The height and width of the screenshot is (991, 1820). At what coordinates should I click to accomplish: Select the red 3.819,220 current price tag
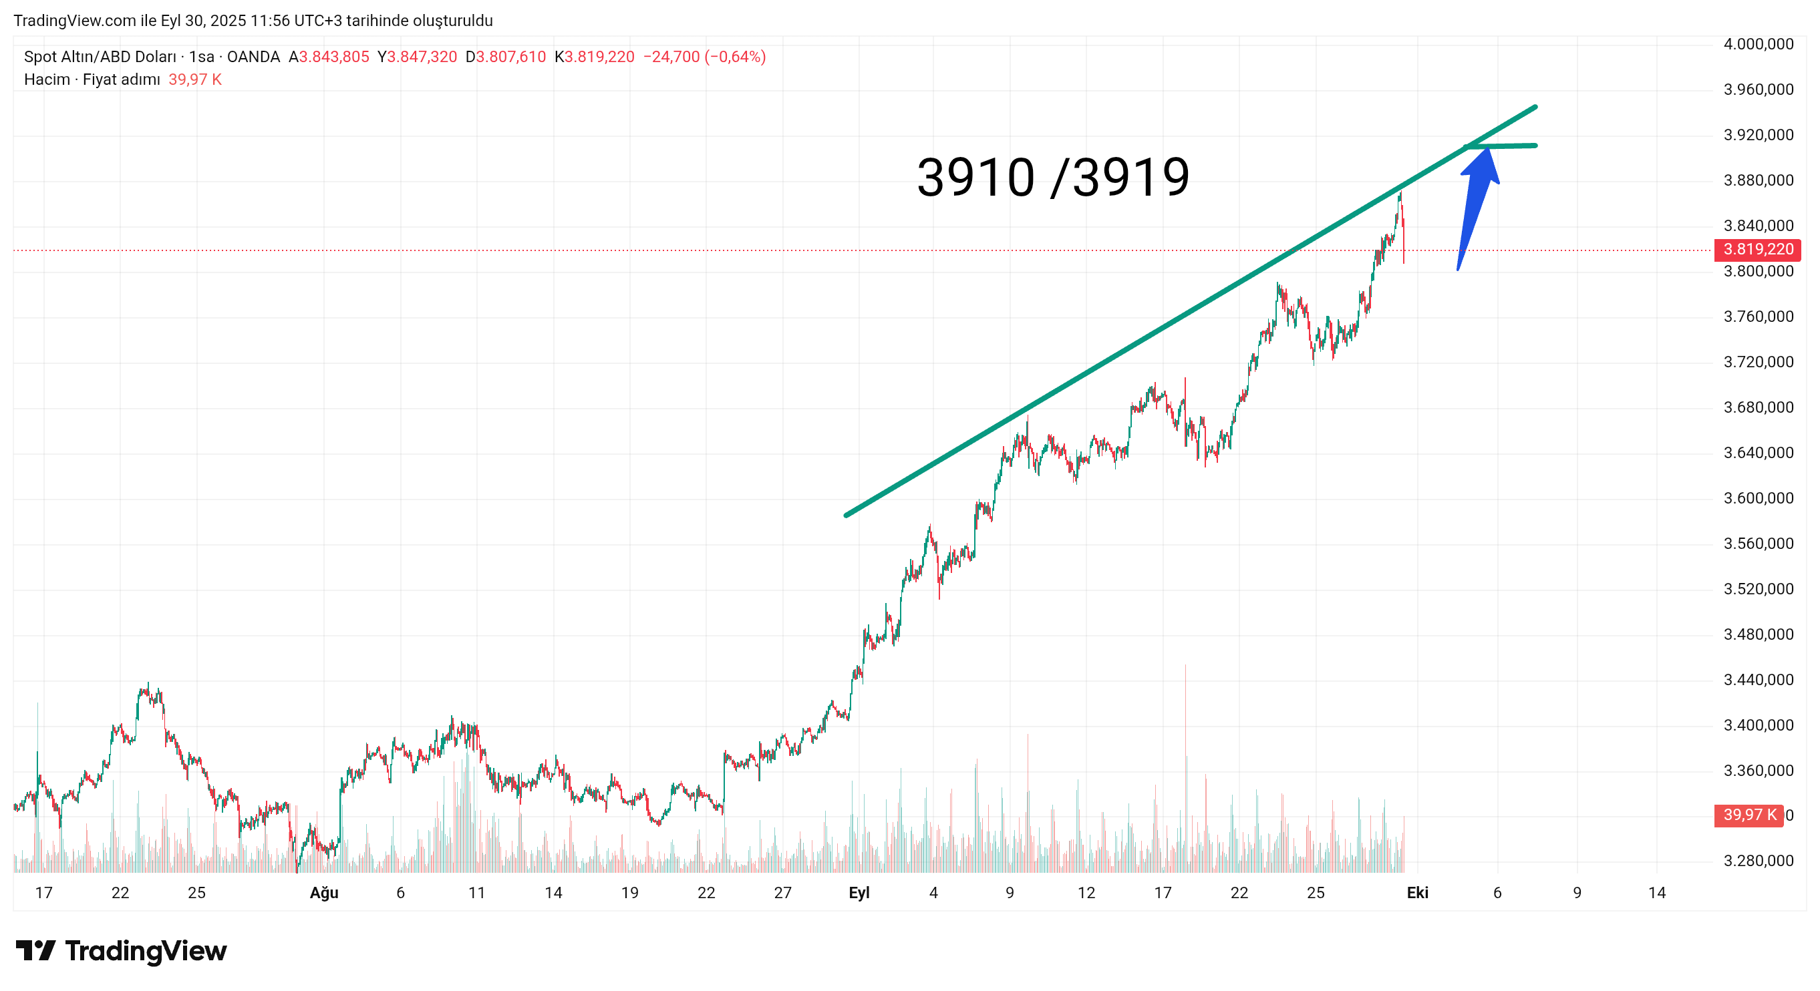point(1757,249)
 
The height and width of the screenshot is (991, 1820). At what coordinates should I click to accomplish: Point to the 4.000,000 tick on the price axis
point(1758,44)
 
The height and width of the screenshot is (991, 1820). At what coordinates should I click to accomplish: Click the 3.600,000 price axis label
point(1758,498)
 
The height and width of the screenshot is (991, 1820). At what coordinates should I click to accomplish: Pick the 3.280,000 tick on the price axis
point(1758,860)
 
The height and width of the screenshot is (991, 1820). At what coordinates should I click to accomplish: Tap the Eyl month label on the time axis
point(859,893)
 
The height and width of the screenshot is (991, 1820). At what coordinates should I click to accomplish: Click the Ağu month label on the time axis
point(323,893)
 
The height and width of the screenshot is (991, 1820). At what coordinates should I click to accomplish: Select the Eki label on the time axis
point(1417,893)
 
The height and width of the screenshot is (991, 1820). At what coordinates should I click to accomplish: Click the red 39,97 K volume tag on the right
point(1749,815)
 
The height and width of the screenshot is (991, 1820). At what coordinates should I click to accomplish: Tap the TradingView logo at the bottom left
point(121,951)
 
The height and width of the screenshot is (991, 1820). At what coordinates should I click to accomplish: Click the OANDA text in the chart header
point(253,57)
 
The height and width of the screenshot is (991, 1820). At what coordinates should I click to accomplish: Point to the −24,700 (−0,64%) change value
point(704,57)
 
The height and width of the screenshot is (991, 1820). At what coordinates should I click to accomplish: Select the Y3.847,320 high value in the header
point(417,57)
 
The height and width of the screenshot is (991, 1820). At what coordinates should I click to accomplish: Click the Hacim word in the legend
point(47,79)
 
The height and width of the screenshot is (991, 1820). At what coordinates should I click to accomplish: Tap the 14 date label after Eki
point(1657,893)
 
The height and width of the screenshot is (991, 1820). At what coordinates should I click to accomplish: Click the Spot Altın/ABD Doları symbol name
point(100,57)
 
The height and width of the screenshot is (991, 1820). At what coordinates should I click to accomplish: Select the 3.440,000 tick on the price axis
point(1758,680)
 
